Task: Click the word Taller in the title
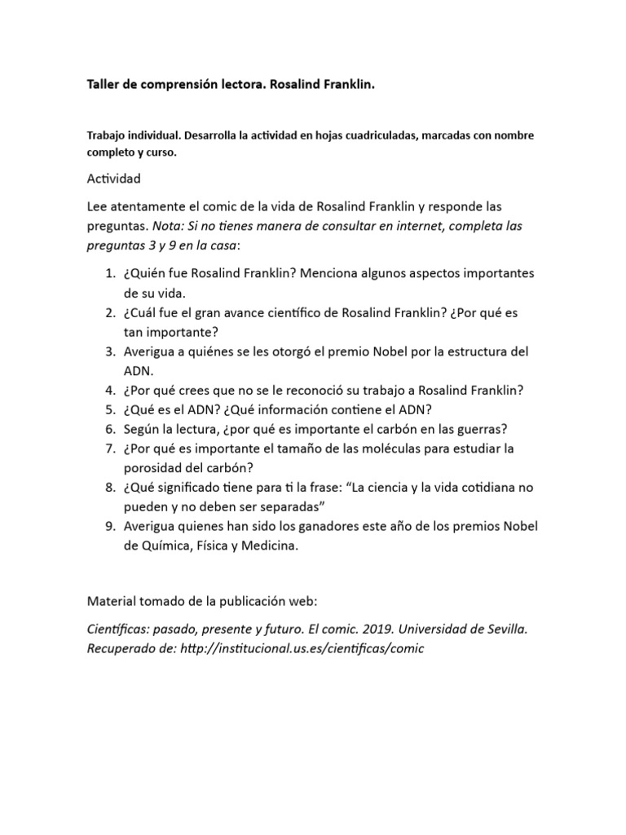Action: pyautogui.click(x=104, y=85)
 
